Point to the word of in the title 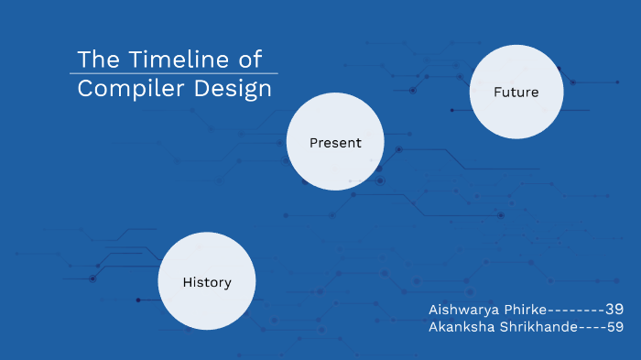click(x=249, y=60)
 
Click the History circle click(x=206, y=281)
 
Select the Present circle click(x=334, y=142)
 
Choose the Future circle click(x=516, y=92)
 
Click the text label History click(x=206, y=282)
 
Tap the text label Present click(x=334, y=143)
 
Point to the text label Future click(x=516, y=93)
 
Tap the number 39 click(x=614, y=310)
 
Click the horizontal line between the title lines click(x=174, y=74)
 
